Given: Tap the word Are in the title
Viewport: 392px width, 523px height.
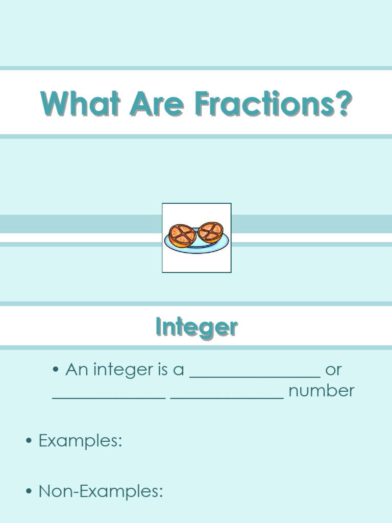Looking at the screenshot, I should pos(156,104).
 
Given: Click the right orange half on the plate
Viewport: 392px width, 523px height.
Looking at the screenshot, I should pos(210,232).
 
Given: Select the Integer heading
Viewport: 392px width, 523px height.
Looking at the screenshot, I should pos(196,327).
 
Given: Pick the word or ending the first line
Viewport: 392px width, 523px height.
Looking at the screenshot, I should pos(333,369).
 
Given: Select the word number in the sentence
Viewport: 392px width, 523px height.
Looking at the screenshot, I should pos(321,391).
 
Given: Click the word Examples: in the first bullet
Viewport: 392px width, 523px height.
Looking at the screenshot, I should pos(80,440).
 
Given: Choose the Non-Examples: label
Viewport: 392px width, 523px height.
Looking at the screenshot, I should pos(101,491).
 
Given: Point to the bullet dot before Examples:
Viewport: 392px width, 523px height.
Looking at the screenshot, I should pos(29,441).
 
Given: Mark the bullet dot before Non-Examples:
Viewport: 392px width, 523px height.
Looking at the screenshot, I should pos(29,492).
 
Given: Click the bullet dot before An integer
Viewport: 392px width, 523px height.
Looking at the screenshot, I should pos(56,370).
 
